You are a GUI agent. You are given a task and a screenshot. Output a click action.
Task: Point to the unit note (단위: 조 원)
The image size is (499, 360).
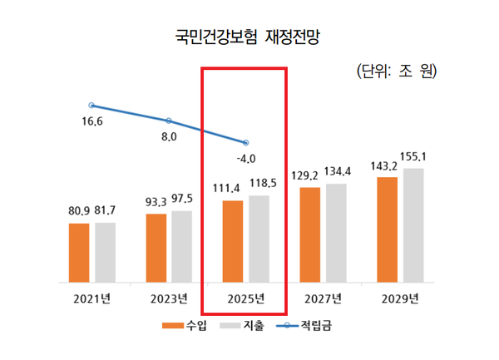point(396,72)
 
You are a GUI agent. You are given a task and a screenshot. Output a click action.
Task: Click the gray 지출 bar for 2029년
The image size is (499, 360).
point(413,224)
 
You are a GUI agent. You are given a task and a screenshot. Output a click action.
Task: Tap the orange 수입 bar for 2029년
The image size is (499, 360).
point(387,228)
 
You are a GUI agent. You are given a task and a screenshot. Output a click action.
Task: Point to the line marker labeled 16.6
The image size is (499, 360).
point(91,106)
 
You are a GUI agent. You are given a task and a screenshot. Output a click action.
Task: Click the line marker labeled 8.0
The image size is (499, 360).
point(169,121)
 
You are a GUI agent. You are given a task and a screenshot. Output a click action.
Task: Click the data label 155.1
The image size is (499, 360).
point(413,156)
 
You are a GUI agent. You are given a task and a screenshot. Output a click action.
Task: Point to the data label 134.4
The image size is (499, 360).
point(337,173)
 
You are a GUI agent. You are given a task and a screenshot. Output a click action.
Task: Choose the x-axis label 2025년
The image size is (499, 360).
point(246,298)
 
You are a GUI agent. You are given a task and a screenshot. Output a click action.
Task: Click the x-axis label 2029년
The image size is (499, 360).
point(399,298)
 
